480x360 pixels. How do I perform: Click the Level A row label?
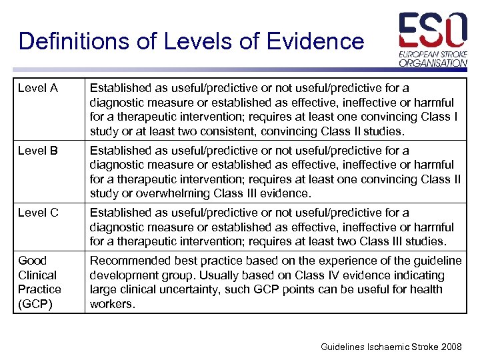tap(38, 88)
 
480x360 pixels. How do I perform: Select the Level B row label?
tap(38, 151)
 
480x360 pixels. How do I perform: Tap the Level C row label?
tap(38, 213)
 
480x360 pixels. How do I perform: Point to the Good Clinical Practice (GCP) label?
tap(39, 282)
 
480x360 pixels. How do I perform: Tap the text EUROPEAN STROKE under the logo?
tap(433, 53)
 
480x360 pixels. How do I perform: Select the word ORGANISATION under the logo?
tap(433, 63)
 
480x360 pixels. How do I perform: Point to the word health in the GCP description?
tap(427, 289)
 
